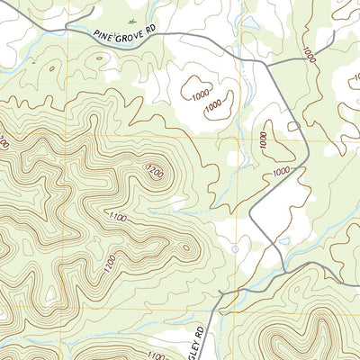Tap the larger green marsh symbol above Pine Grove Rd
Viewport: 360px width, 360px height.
tap(132, 20)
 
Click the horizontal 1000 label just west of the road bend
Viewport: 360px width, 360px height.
tap(283, 171)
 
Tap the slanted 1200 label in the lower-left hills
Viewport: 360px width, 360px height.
tap(109, 264)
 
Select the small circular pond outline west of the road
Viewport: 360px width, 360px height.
tap(235, 249)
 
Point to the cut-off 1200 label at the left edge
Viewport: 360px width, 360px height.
tap(4, 142)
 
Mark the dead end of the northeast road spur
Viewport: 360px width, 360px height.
tap(334, 34)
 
